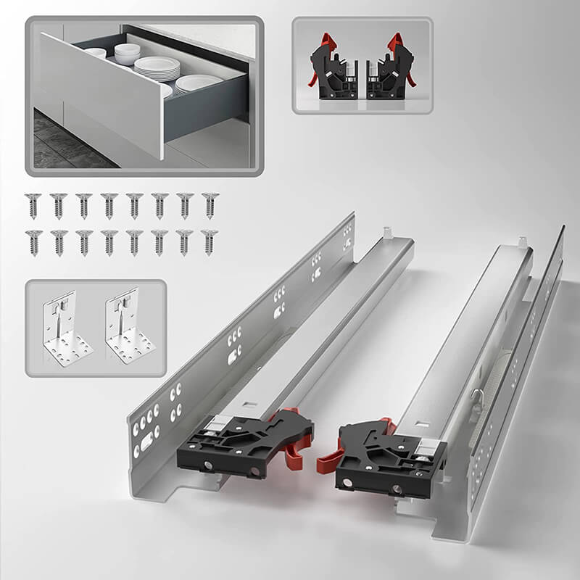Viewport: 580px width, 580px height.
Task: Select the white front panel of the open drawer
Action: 101,94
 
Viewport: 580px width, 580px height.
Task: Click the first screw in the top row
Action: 32,205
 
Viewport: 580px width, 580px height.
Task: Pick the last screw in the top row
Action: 210,205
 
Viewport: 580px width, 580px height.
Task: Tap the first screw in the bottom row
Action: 32,242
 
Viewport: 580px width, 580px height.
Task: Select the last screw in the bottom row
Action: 210,242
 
